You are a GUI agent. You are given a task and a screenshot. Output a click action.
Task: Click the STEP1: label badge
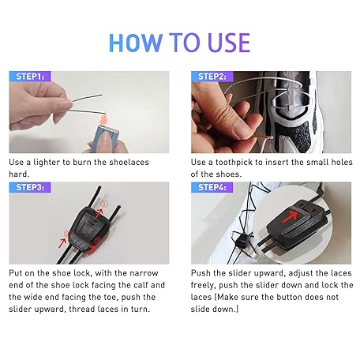pyautogui.click(x=30, y=77)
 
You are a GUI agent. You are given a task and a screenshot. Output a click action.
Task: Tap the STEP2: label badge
pyautogui.click(x=212, y=77)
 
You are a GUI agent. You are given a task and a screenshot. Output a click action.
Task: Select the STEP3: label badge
pyautogui.click(x=30, y=187)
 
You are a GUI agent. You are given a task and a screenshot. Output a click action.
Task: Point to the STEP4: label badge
pyautogui.click(x=212, y=187)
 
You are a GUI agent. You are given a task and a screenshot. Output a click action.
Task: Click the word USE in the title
pyautogui.click(x=228, y=43)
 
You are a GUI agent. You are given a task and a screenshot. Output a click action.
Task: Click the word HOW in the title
pyautogui.click(x=136, y=43)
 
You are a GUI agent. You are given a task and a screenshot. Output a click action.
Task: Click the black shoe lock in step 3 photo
pyautogui.click(x=88, y=228)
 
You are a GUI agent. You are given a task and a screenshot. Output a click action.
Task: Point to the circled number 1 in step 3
pyautogui.click(x=104, y=204)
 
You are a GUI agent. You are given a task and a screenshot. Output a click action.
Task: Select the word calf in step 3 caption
pyautogui.click(x=142, y=285)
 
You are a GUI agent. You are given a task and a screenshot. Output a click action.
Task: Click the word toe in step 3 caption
pyautogui.click(x=111, y=297)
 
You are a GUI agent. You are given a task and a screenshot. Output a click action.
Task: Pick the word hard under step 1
pyautogui.click(x=19, y=174)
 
